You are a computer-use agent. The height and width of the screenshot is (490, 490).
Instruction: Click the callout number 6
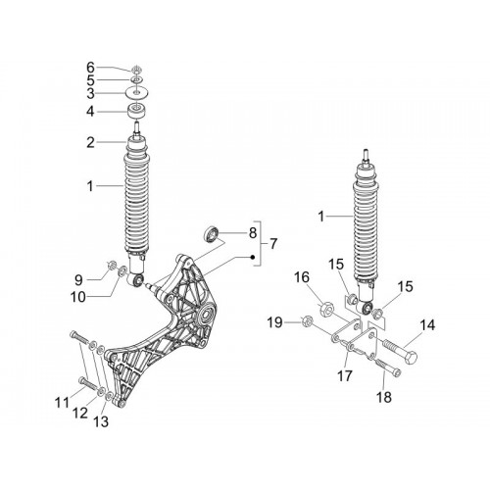pos(90,68)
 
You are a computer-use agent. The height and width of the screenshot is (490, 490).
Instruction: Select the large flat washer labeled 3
pos(138,92)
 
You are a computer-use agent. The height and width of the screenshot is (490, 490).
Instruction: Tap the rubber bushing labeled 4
pos(136,112)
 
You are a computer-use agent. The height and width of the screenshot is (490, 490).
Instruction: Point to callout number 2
pos(90,142)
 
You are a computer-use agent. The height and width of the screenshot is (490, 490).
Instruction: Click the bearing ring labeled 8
pos(211,233)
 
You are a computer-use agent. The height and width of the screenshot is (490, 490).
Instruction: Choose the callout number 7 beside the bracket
pos(272,243)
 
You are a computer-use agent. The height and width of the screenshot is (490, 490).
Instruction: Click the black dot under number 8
pos(253,257)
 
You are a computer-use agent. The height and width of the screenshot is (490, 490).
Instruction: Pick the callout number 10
pos(78,297)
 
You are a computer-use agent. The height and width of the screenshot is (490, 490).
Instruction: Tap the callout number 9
pos(78,280)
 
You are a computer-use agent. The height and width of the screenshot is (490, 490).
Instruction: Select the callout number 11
pos(62,403)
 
